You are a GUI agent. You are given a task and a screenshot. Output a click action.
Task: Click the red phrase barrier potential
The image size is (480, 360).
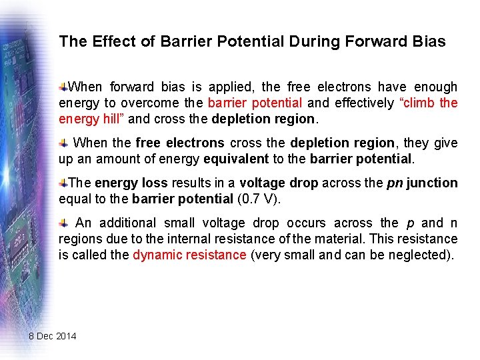255,103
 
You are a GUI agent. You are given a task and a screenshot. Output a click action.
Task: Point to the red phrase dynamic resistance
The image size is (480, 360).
189,255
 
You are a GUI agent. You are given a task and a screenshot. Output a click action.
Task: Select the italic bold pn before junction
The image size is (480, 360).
395,183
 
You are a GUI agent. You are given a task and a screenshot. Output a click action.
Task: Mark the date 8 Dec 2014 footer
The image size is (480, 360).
53,336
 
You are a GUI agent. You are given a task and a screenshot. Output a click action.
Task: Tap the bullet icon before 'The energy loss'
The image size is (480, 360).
63,182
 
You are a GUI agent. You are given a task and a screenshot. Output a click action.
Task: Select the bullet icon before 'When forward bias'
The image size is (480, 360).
63,86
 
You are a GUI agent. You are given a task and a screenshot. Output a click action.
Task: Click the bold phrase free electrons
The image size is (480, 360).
179,143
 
